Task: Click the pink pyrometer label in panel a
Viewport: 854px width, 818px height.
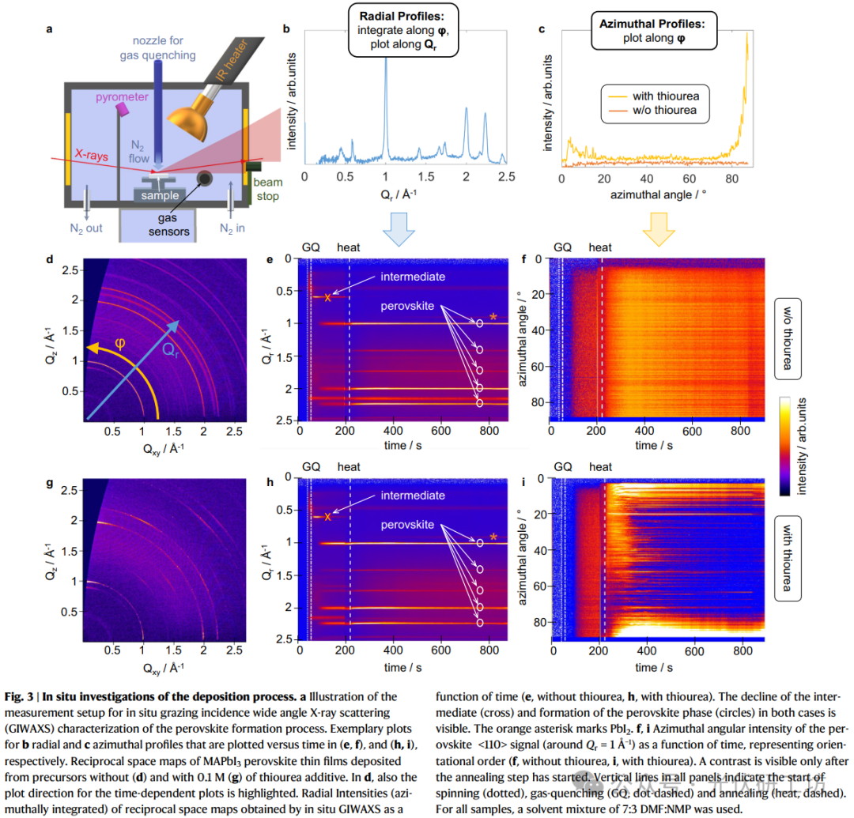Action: (122, 97)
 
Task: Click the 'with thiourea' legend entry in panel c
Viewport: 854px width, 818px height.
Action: (665, 96)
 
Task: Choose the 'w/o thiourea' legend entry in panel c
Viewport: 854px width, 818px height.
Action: (664, 111)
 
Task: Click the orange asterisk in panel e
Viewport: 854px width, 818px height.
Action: (493, 319)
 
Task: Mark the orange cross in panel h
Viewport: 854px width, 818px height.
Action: (327, 517)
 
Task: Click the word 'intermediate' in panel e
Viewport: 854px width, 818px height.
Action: (412, 277)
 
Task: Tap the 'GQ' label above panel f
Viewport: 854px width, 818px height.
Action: (561, 247)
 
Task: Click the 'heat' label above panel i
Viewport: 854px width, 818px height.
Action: (600, 467)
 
